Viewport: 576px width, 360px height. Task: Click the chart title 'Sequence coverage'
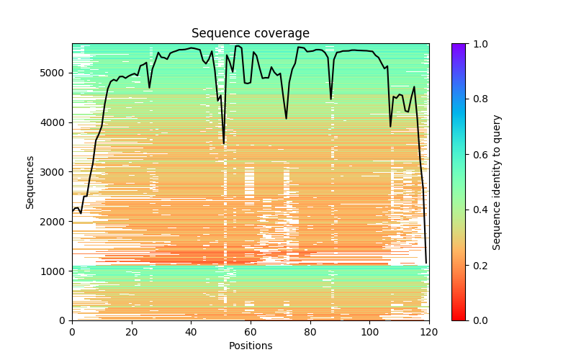[x=250, y=34]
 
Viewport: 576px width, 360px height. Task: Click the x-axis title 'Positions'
[x=250, y=346]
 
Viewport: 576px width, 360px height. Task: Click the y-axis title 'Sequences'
[x=30, y=182]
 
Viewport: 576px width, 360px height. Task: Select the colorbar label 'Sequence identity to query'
[x=497, y=182]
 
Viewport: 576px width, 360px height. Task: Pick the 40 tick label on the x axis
[x=191, y=331]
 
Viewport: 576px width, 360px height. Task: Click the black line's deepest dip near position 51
[x=224, y=143]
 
